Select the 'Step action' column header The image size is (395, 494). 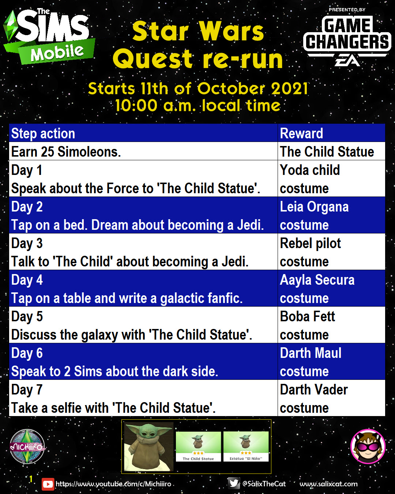43,133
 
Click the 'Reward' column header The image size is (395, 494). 301,133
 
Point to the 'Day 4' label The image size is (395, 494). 27,280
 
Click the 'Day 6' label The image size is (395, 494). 27,353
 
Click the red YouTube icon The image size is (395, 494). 48,484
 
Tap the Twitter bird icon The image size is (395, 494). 234,483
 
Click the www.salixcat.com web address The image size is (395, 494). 328,484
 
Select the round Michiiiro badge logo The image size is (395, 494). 27,446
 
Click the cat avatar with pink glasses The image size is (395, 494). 368,446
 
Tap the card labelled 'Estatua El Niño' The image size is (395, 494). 246,446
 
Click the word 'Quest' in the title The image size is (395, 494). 153,59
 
